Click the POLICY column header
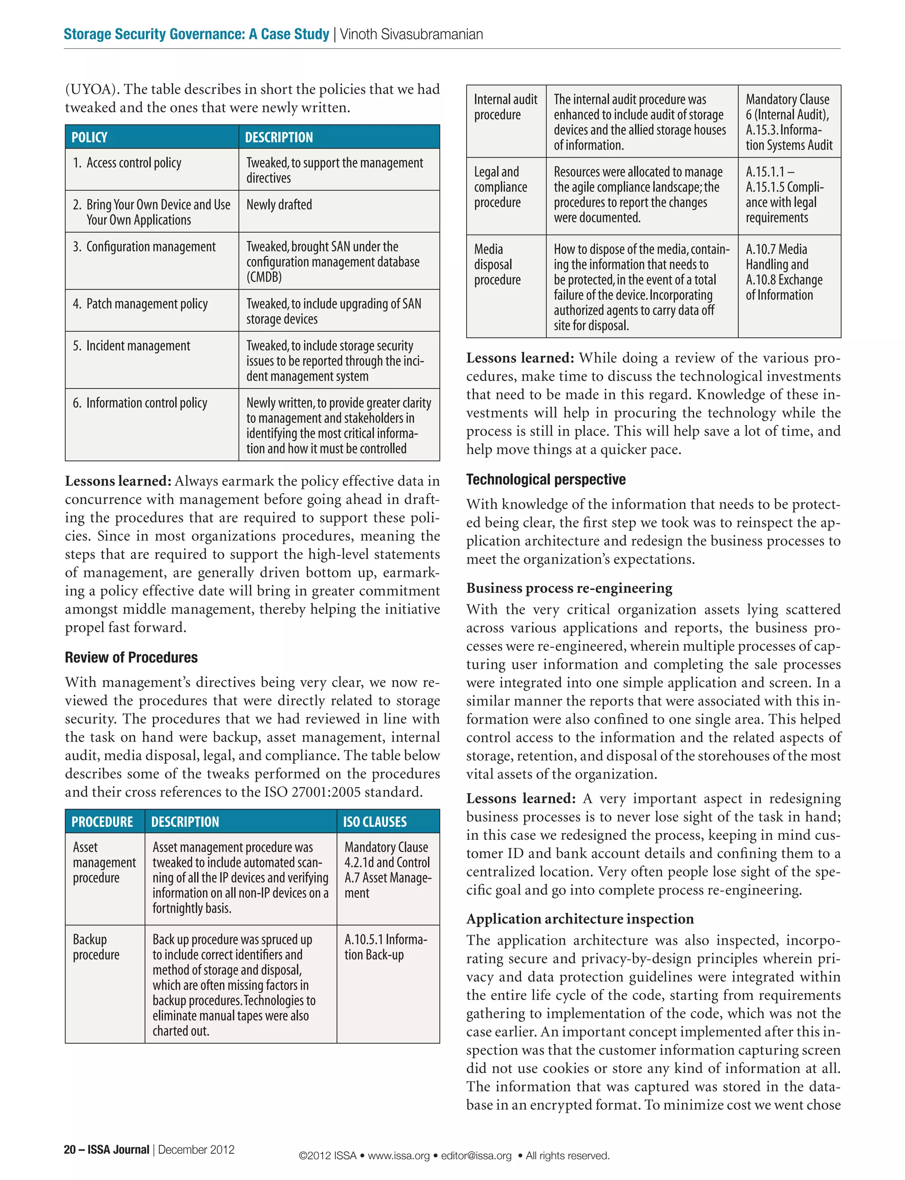tap(89, 137)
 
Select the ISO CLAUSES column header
tap(375, 822)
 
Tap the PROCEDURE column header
tap(103, 822)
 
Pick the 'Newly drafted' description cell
tap(279, 205)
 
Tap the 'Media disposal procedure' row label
tap(497, 264)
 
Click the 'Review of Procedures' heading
tap(131, 657)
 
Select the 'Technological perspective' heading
tap(546, 480)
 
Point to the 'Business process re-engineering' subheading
tap(569, 588)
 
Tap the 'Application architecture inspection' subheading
tap(580, 919)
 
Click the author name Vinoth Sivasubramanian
tap(411, 34)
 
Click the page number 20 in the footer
tap(69, 1149)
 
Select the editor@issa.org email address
tap(476, 1155)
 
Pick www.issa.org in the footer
tap(399, 1155)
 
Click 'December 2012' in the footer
tap(196, 1149)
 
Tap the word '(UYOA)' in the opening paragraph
tap(89, 89)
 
